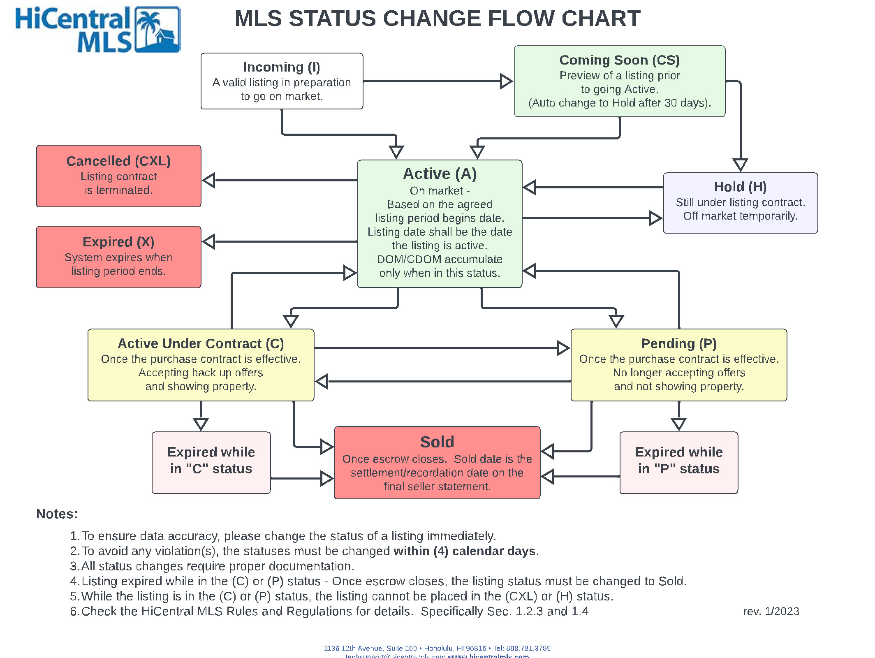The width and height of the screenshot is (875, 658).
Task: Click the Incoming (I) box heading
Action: coord(281,67)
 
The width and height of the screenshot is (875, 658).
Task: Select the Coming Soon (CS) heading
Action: coord(619,60)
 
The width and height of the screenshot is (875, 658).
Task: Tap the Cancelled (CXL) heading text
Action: coord(118,161)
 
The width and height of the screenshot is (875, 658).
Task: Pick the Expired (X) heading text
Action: coord(118,242)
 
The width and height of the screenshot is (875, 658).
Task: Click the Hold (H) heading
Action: coord(740,187)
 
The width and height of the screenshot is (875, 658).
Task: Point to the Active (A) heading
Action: coord(440,174)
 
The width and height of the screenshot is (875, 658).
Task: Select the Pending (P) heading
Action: coord(679,343)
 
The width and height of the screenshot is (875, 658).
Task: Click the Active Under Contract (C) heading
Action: coord(201,343)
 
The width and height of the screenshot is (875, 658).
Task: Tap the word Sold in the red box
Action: coord(437,442)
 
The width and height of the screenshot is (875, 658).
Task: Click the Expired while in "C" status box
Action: coord(211,462)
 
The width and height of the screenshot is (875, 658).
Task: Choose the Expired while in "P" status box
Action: coord(678,462)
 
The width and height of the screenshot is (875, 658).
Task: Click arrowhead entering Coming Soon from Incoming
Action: coord(506,81)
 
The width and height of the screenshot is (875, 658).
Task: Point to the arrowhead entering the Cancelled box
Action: coord(209,180)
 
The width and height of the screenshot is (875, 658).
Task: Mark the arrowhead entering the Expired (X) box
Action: coord(209,242)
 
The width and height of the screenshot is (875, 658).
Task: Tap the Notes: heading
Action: coord(57,514)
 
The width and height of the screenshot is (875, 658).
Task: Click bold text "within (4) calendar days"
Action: coord(465,551)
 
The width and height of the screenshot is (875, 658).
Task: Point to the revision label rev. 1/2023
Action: coord(771,611)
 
